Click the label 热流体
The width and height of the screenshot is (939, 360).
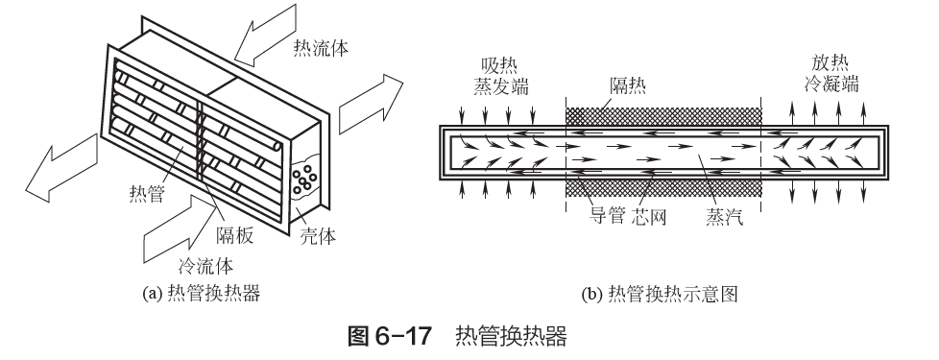(321, 47)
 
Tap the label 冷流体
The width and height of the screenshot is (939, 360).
(206, 265)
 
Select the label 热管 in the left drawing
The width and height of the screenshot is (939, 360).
(147, 194)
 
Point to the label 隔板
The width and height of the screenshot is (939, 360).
(234, 235)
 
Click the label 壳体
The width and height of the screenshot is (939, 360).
(318, 236)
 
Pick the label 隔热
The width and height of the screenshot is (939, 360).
(628, 86)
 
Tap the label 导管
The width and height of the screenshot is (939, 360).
(607, 216)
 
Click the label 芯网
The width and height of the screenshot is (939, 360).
(649, 216)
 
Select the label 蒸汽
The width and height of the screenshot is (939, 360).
(725, 216)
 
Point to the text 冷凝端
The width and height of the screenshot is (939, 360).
(831, 84)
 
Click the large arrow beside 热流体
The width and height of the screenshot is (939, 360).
(265, 35)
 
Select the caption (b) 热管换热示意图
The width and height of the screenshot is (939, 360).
(660, 294)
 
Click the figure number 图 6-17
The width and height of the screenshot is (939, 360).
(389, 336)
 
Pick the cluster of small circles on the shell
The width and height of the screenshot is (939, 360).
(304, 178)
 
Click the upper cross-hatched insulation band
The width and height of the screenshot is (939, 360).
(662, 117)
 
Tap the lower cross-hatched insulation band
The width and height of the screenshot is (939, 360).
(662, 189)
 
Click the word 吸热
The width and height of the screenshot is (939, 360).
(499, 64)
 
